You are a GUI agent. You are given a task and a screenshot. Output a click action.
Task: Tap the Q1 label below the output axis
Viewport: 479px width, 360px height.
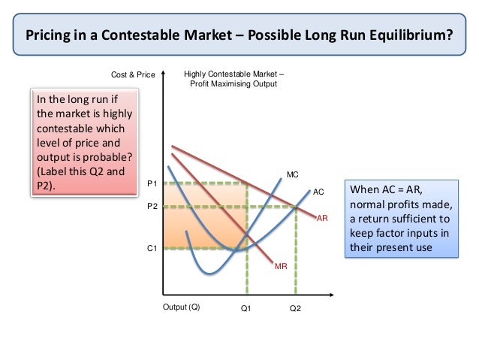[x=246, y=308]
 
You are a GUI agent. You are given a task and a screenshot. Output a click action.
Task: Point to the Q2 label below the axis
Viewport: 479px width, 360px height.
[x=295, y=308]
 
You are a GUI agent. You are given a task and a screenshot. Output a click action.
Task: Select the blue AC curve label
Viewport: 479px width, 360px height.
[x=318, y=192]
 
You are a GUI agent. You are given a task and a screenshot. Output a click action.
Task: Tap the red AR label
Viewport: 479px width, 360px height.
[x=323, y=217]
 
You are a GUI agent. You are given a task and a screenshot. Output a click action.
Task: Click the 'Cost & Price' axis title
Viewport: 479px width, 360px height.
[x=133, y=76]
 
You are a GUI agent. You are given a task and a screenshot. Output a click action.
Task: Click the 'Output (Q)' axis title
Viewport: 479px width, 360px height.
[x=182, y=307]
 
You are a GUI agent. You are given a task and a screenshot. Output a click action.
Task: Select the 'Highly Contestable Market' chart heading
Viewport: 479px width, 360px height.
[x=234, y=75]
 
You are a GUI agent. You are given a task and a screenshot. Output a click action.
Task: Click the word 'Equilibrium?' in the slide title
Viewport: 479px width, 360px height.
[x=416, y=35]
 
